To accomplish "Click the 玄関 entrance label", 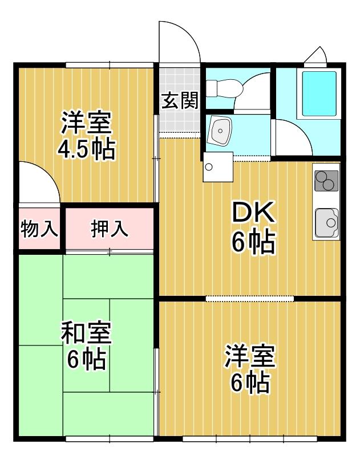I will tap(179, 101).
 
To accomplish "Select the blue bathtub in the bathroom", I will tap(319, 94).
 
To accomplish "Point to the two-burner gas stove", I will tap(326, 181).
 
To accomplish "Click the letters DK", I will tap(253, 214).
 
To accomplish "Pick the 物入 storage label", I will tap(39, 229).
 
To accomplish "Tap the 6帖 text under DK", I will tap(253, 243).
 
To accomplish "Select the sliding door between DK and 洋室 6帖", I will tap(250, 298).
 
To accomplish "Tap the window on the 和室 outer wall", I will tap(110, 438).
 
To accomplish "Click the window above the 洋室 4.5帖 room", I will tap(109, 64).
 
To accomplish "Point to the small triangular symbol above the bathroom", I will tap(315, 55).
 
